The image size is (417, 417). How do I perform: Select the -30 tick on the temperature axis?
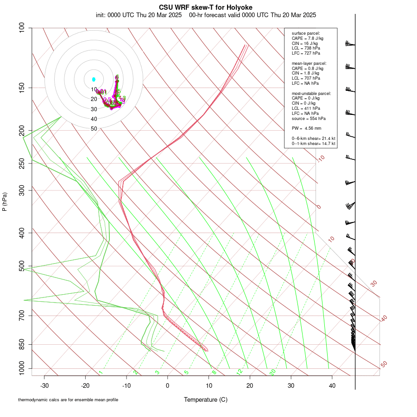[44, 385]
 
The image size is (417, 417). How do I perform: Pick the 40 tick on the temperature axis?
[332, 385]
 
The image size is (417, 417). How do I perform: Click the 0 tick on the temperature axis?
[168, 385]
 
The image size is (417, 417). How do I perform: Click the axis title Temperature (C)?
[206, 399]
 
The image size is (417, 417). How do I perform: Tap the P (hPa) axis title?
[5, 202]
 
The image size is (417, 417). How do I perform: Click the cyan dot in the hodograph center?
[94, 79]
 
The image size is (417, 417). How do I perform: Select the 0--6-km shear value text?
[313, 139]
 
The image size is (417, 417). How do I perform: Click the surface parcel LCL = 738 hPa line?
[306, 48]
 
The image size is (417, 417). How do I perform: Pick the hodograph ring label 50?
[94, 129]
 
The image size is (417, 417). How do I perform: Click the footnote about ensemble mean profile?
[68, 400]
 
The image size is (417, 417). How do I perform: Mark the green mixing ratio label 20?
[272, 372]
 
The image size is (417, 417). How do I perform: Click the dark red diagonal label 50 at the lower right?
[384, 365]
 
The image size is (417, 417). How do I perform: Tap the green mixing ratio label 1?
[101, 372]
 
